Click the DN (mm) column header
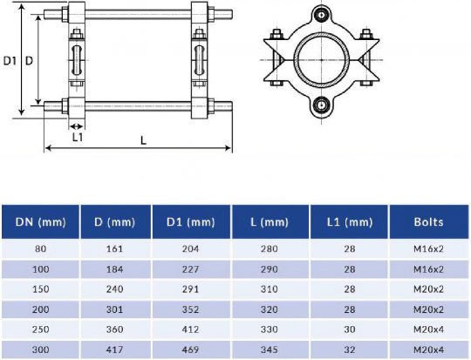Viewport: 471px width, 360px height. click(40, 222)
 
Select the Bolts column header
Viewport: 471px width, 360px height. click(428, 222)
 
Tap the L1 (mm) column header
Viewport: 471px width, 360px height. click(350, 222)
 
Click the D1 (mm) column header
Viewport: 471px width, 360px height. click(190, 222)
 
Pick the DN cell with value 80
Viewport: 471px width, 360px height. click(40, 250)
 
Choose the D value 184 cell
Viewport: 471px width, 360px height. click(116, 269)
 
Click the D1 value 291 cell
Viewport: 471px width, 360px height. click(190, 289)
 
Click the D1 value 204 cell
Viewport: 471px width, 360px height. click(190, 250)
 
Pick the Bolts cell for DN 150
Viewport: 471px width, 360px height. click(428, 289)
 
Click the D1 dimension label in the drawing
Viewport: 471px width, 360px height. click(10, 61)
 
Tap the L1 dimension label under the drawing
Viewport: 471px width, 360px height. click(78, 137)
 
